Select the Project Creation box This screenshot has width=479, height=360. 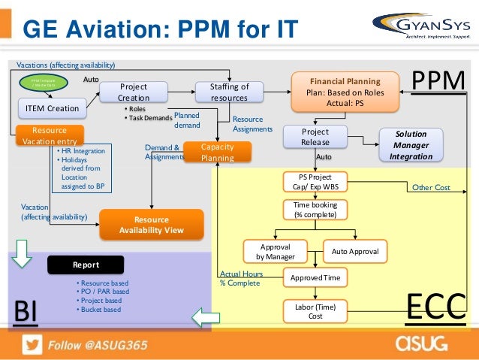(134, 92)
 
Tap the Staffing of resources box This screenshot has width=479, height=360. (229, 92)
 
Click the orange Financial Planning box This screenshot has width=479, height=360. (345, 92)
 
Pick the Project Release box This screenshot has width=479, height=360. (315, 137)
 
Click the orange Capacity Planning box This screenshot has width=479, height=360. (216, 153)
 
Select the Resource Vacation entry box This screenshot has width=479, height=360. (50, 136)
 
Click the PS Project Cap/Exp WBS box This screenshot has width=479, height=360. (315, 182)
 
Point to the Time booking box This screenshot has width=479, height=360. (315, 210)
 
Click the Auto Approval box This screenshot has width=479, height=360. (354, 250)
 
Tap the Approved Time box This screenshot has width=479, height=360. (315, 278)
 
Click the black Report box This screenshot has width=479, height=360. (86, 265)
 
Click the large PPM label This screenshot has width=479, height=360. (440, 80)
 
